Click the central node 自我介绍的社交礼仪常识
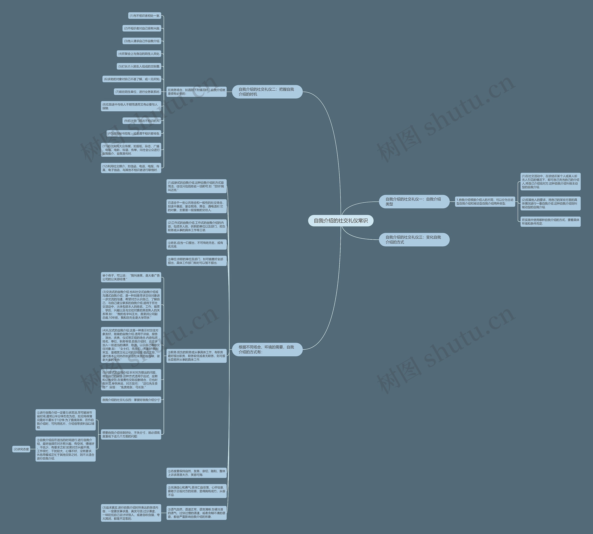pos(340,221)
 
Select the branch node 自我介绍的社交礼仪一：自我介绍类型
pos(414,201)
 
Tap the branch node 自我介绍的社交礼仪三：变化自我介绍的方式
pos(414,240)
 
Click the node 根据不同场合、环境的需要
pos(267,349)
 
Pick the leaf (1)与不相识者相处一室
pos(145,16)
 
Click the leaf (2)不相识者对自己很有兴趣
pos(142,28)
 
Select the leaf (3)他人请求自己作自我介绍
pos(142,41)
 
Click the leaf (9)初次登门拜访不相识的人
pos(142,121)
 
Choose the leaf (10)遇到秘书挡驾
pos(134,133)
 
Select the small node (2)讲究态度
pos(21,449)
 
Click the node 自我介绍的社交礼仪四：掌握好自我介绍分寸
pos(131,400)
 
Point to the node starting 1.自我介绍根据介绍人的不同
pos(485,201)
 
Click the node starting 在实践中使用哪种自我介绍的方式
pos(550,222)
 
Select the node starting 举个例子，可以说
pos(131,277)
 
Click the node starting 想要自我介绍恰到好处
pos(131,434)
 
